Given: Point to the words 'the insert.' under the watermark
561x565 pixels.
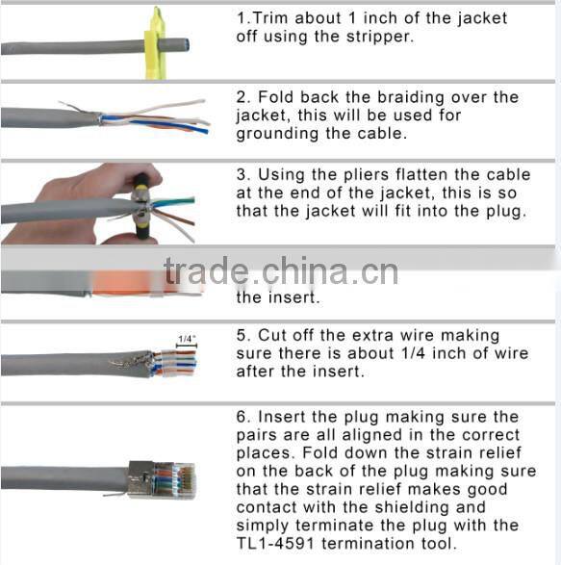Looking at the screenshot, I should (x=278, y=298).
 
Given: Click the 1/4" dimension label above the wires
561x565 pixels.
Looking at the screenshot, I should (x=186, y=339).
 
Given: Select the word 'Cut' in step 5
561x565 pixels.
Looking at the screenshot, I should (x=272, y=335).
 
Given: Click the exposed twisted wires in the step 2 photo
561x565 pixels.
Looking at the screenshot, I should (x=159, y=120).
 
